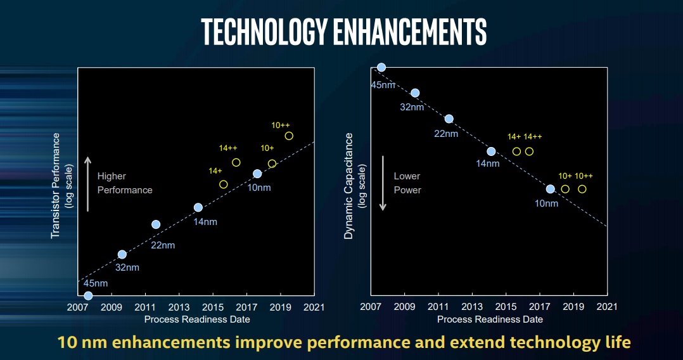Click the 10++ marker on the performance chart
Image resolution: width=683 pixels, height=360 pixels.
click(x=289, y=136)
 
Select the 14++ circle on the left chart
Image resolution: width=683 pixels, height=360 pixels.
click(x=236, y=162)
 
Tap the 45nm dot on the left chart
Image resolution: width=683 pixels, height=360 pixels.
click(x=88, y=295)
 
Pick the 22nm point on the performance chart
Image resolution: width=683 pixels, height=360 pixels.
click(x=156, y=224)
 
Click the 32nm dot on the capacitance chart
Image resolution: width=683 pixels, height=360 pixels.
click(x=415, y=93)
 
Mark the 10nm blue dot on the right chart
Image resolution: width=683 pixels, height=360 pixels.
click(x=550, y=189)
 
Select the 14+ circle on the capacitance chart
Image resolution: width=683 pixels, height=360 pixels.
click(x=516, y=151)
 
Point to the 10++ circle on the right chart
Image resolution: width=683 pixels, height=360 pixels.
click(x=582, y=189)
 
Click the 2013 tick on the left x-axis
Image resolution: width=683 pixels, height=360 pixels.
click(x=179, y=307)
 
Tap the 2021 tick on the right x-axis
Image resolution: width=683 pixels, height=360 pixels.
click(x=607, y=307)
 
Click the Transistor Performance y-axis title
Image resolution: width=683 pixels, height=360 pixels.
click(x=56, y=185)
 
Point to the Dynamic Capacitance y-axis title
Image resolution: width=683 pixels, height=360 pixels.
click(x=348, y=186)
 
